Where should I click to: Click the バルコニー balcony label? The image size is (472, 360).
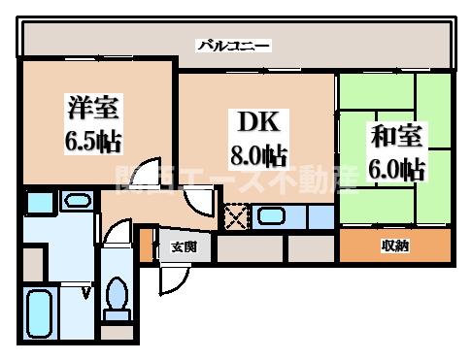(234, 45)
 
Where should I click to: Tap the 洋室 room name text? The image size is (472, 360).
(93, 106)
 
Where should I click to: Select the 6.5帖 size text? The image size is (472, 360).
(93, 141)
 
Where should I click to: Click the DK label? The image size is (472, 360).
(257, 121)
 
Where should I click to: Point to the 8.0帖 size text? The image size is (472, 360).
(257, 154)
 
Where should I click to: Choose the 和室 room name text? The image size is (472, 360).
(396, 134)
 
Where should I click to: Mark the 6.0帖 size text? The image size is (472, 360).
(396, 169)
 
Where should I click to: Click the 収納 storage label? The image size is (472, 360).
(394, 246)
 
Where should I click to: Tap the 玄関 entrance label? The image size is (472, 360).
(185, 246)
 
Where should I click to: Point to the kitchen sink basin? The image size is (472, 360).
(271, 215)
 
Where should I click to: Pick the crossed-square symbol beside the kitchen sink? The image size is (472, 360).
(236, 216)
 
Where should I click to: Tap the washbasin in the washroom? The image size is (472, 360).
(74, 202)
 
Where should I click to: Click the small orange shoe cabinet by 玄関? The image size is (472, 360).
(147, 245)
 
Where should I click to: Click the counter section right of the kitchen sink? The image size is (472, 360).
(320, 216)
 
